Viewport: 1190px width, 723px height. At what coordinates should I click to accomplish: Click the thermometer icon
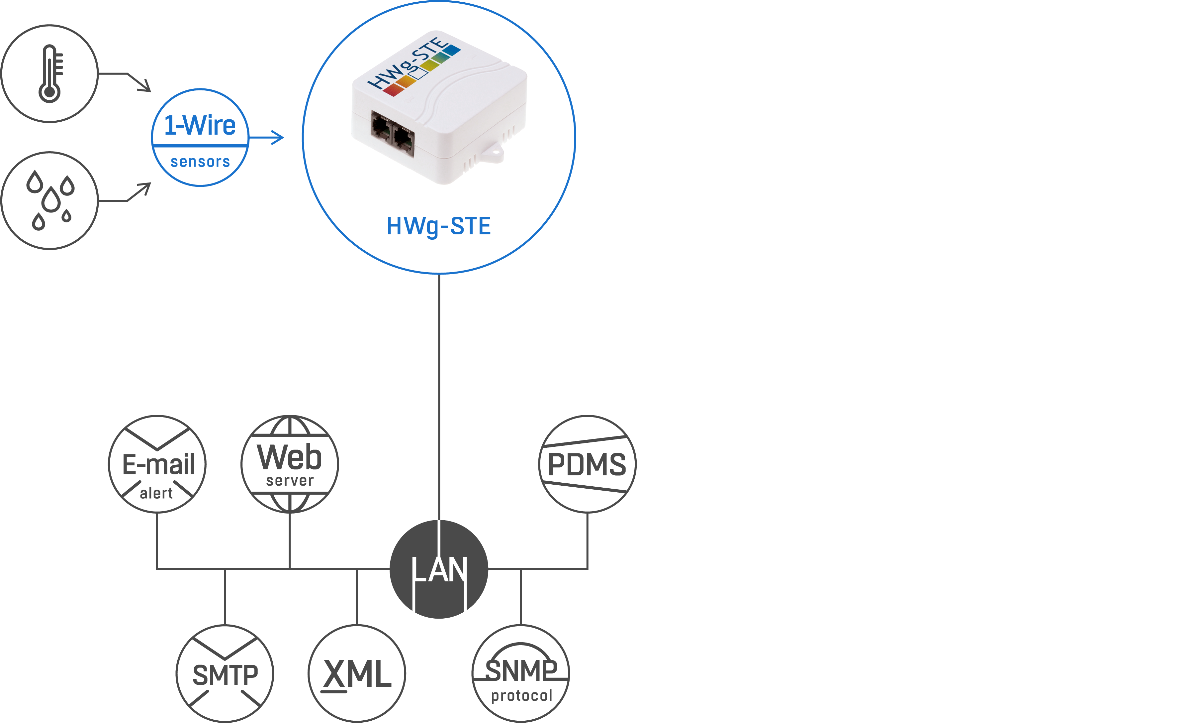(50, 73)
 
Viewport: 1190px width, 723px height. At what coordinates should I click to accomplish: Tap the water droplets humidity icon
(50, 200)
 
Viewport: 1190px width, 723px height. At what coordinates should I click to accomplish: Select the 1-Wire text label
(200, 125)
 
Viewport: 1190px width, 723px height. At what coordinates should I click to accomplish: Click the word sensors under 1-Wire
(200, 162)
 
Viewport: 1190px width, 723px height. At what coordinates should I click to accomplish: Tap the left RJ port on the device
(381, 127)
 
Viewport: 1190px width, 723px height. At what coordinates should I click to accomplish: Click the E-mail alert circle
(157, 464)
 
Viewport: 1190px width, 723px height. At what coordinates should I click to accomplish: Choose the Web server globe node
(290, 464)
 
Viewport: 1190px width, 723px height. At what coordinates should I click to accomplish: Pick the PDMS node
(587, 464)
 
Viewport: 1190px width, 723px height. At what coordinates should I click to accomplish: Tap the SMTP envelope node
(225, 674)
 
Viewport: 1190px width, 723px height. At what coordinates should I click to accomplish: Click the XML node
(357, 674)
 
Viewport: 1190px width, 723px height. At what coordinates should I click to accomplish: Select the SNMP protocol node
(521, 674)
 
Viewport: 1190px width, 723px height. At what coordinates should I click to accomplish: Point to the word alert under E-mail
(156, 493)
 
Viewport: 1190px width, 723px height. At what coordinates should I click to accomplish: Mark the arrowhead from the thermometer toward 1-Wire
(144, 85)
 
